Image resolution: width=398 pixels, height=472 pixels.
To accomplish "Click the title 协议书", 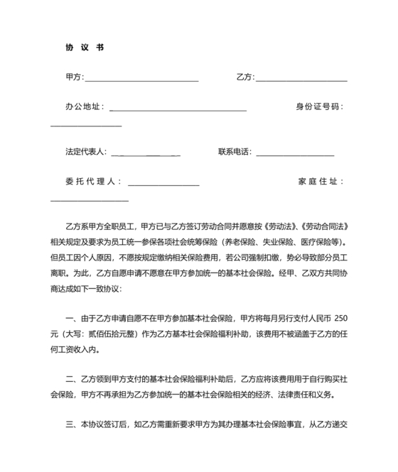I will click(x=85, y=48).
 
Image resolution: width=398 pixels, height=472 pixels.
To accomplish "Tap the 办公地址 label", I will click(x=84, y=107).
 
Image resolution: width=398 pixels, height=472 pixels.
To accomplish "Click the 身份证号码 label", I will click(x=319, y=107).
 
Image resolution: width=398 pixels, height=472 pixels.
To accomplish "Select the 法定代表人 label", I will click(x=85, y=151).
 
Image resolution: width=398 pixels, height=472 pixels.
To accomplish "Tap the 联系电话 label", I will click(x=235, y=151).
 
